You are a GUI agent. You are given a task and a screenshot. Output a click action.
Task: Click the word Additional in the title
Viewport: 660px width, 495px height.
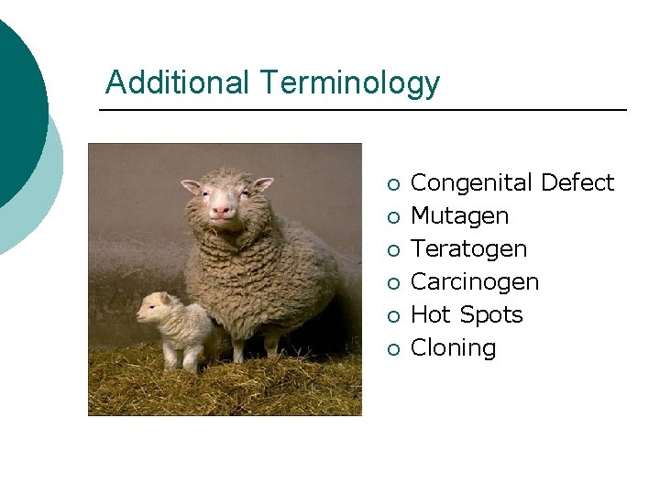tap(177, 83)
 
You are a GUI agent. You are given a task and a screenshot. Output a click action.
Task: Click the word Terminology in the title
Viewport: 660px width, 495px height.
tap(348, 83)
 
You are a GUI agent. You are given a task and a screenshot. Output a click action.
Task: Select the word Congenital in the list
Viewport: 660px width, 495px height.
tap(472, 183)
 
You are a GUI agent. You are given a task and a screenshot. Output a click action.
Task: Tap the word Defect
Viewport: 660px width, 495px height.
tap(577, 183)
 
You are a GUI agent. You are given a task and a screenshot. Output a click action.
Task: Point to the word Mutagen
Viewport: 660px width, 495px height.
tap(459, 216)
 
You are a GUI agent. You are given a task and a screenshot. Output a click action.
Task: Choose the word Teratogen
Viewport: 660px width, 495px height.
tap(468, 249)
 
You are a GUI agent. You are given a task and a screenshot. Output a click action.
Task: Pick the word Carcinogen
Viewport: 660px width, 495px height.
tap(475, 282)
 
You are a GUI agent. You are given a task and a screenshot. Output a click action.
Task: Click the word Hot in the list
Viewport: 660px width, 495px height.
tap(431, 315)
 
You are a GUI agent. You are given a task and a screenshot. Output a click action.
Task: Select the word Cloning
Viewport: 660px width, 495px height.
tap(453, 348)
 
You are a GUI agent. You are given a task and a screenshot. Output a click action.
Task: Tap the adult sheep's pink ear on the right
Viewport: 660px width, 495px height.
tap(262, 184)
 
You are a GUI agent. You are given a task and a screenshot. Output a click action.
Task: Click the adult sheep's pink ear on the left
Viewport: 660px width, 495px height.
tap(191, 186)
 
